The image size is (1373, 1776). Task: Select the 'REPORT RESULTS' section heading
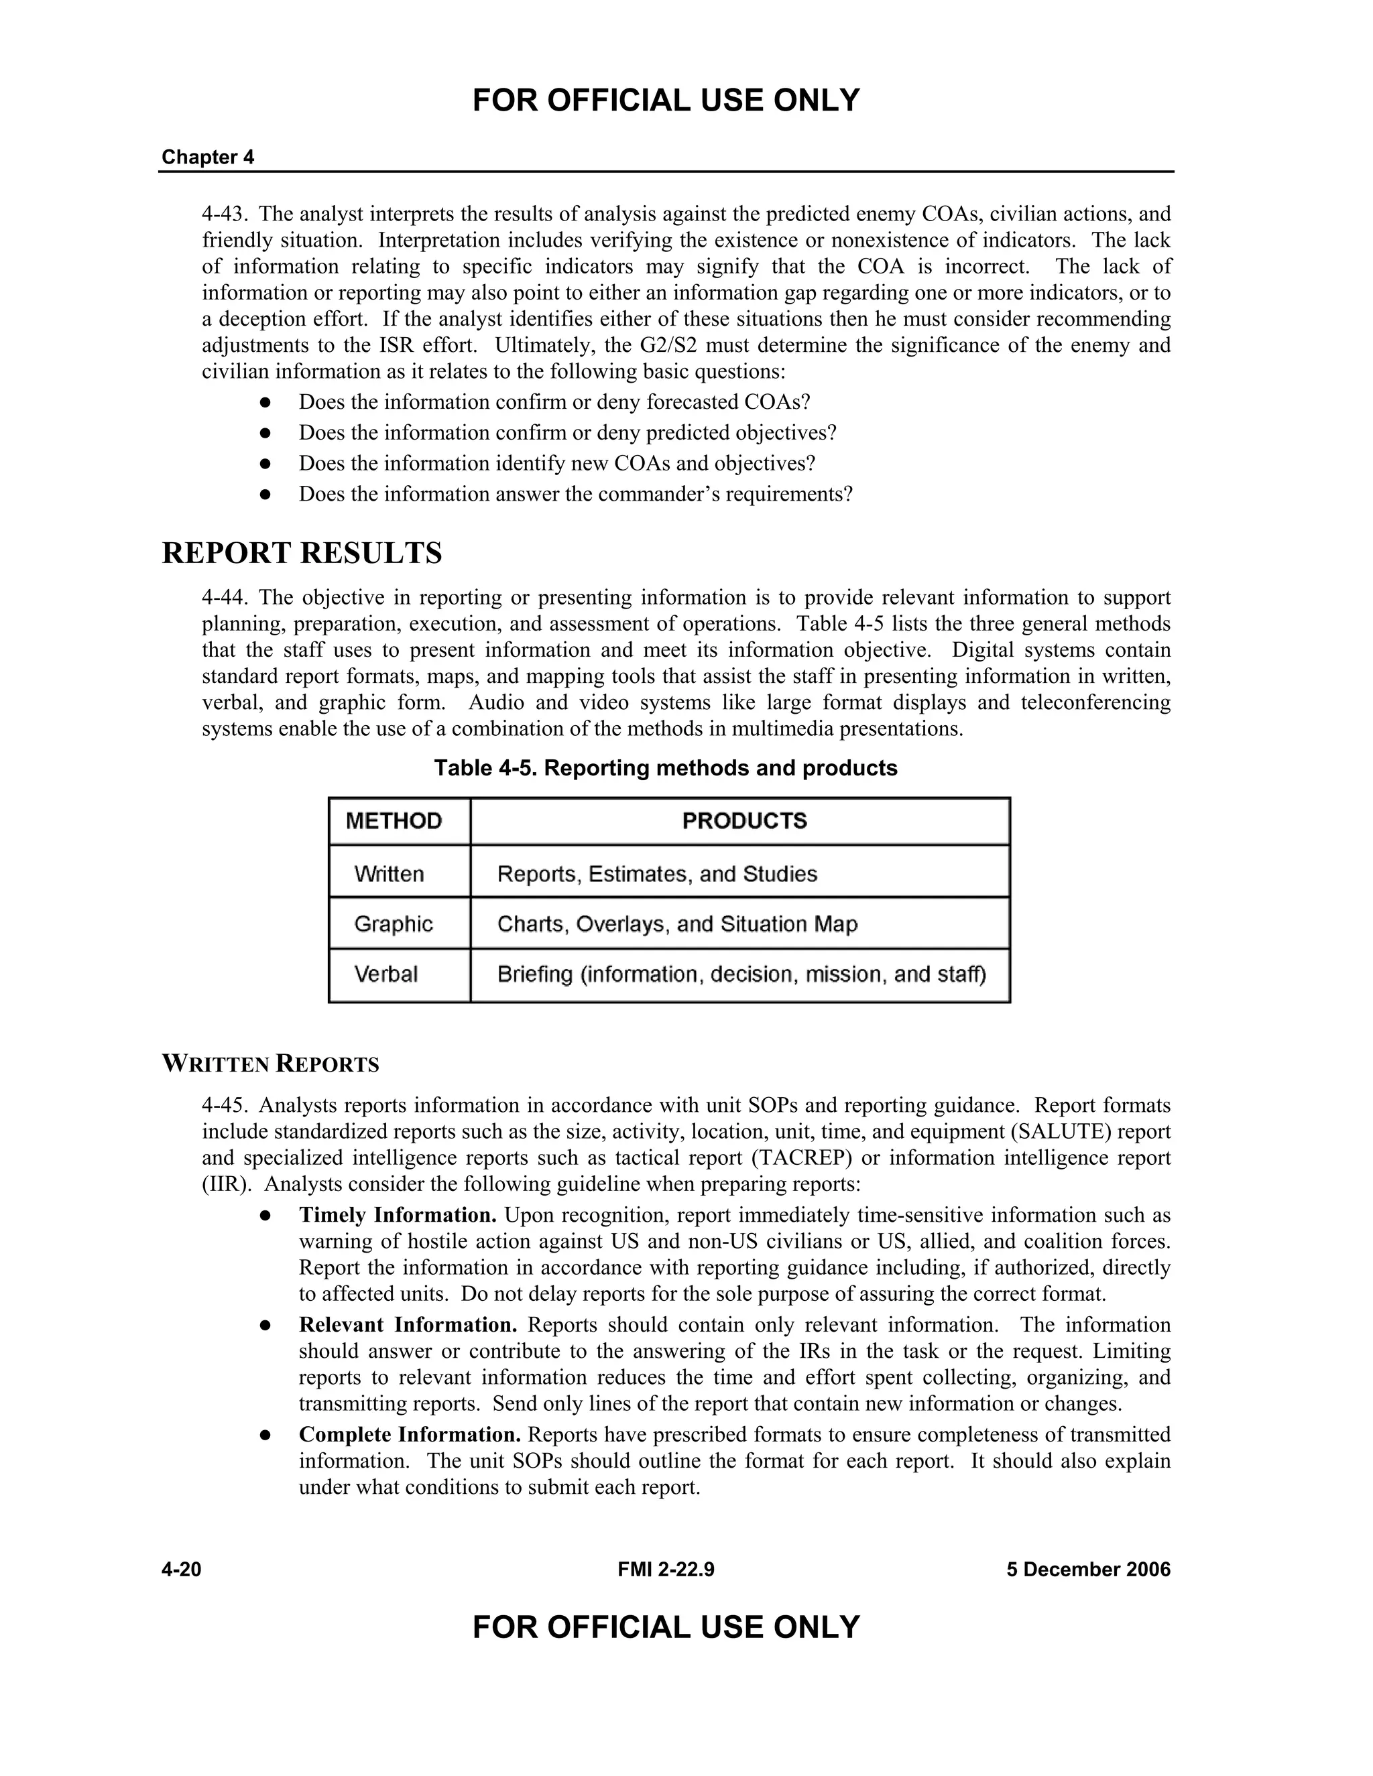302,553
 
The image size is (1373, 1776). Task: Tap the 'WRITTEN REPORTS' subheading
270,1064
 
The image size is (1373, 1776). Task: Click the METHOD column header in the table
394,820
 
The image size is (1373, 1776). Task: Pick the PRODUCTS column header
744,820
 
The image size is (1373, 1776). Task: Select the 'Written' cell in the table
389,874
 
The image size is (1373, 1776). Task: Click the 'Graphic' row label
393,924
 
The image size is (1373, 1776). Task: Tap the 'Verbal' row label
385,974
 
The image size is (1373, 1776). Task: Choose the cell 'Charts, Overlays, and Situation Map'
676,924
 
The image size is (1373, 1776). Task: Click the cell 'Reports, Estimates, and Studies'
656,874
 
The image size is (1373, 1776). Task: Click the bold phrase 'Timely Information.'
397,1215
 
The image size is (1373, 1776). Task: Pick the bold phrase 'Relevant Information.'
408,1325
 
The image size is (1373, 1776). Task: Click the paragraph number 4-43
224,214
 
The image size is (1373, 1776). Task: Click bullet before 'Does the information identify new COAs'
264,464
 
